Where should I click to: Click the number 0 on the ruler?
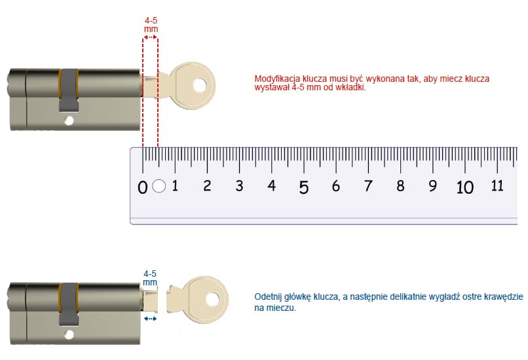click(142, 187)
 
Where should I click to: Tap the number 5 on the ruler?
click(304, 187)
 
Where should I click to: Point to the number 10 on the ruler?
click(464, 187)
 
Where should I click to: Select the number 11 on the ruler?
click(497, 186)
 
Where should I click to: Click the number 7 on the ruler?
click(368, 186)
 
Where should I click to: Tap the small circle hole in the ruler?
click(159, 186)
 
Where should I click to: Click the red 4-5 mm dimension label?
click(151, 25)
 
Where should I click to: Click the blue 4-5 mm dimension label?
click(150, 278)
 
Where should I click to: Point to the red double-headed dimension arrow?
click(150, 37)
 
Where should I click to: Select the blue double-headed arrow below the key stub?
click(150, 318)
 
